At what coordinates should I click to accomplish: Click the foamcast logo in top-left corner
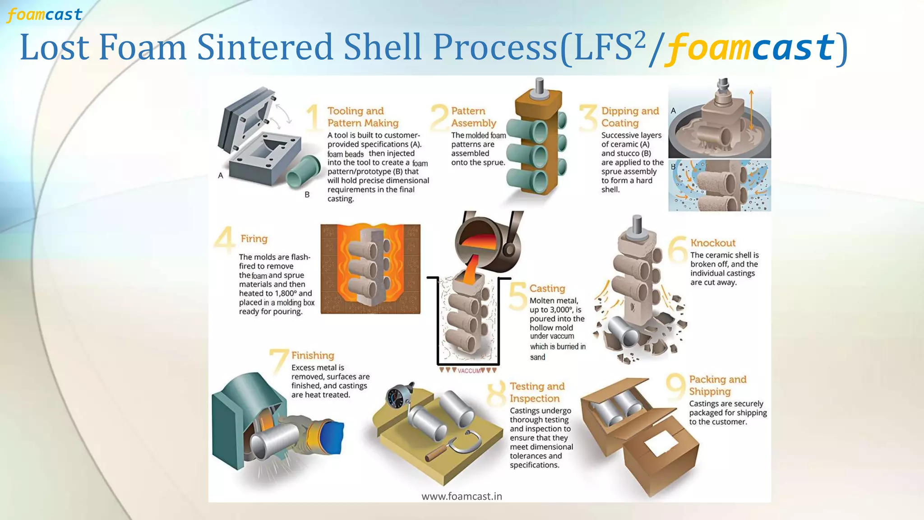coord(44,15)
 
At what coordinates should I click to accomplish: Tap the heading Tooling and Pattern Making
coord(362,117)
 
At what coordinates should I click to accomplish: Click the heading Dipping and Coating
coord(629,117)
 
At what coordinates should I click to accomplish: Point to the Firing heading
coord(254,239)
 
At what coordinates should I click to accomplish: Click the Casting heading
coord(547,288)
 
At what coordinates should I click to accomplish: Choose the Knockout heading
coord(712,243)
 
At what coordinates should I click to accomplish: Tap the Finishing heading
coord(312,356)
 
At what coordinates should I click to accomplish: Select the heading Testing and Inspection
coord(536,392)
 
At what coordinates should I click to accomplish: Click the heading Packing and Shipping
coord(717,385)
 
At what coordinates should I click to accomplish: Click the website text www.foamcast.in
coord(462,497)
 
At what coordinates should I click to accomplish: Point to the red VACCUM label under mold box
coord(469,371)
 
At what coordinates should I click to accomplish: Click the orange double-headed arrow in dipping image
coord(751,110)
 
